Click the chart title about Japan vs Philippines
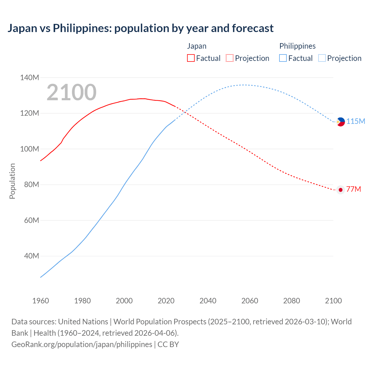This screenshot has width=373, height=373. [140, 28]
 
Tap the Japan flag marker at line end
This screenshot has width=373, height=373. [340, 190]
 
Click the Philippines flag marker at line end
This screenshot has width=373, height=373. [340, 122]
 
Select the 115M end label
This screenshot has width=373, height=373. [356, 121]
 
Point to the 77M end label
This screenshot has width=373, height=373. [353, 189]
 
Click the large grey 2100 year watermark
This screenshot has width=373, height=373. [71, 92]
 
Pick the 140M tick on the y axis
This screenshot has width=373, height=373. [29, 78]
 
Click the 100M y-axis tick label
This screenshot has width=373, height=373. [29, 149]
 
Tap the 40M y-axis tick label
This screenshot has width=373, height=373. [31, 256]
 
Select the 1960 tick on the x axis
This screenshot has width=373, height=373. [41, 301]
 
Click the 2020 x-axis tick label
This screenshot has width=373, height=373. [166, 301]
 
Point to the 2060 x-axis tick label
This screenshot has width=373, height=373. [249, 301]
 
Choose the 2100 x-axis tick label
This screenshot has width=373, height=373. [333, 301]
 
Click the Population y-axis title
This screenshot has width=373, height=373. [12, 181]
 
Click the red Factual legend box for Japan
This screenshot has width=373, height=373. [191, 58]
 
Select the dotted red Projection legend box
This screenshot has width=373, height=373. [230, 58]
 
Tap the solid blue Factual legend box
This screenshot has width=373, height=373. [283, 58]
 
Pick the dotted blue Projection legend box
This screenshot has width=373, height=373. [322, 58]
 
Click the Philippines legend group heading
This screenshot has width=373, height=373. [297, 46]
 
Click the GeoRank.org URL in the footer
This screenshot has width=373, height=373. [82, 344]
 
